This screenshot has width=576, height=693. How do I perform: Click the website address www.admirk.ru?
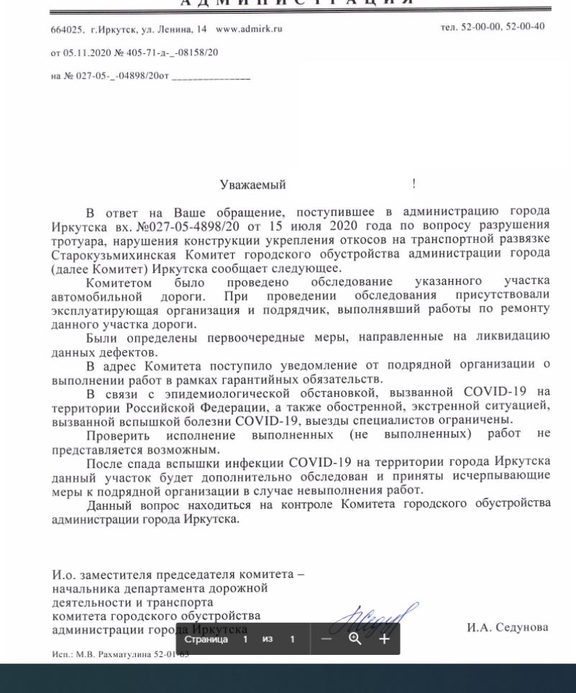pos(249,29)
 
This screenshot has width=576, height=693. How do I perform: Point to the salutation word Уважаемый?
pos(252,185)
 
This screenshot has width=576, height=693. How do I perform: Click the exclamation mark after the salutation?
pos(413,184)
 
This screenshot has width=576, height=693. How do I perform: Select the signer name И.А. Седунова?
pos(507,628)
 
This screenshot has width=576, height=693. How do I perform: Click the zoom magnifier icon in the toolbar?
pos(355,638)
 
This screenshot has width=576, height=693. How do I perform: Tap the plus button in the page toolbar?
pos(384,638)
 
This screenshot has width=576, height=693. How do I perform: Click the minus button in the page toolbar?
pos(326,638)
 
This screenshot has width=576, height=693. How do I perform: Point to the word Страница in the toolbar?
pos(206,639)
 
